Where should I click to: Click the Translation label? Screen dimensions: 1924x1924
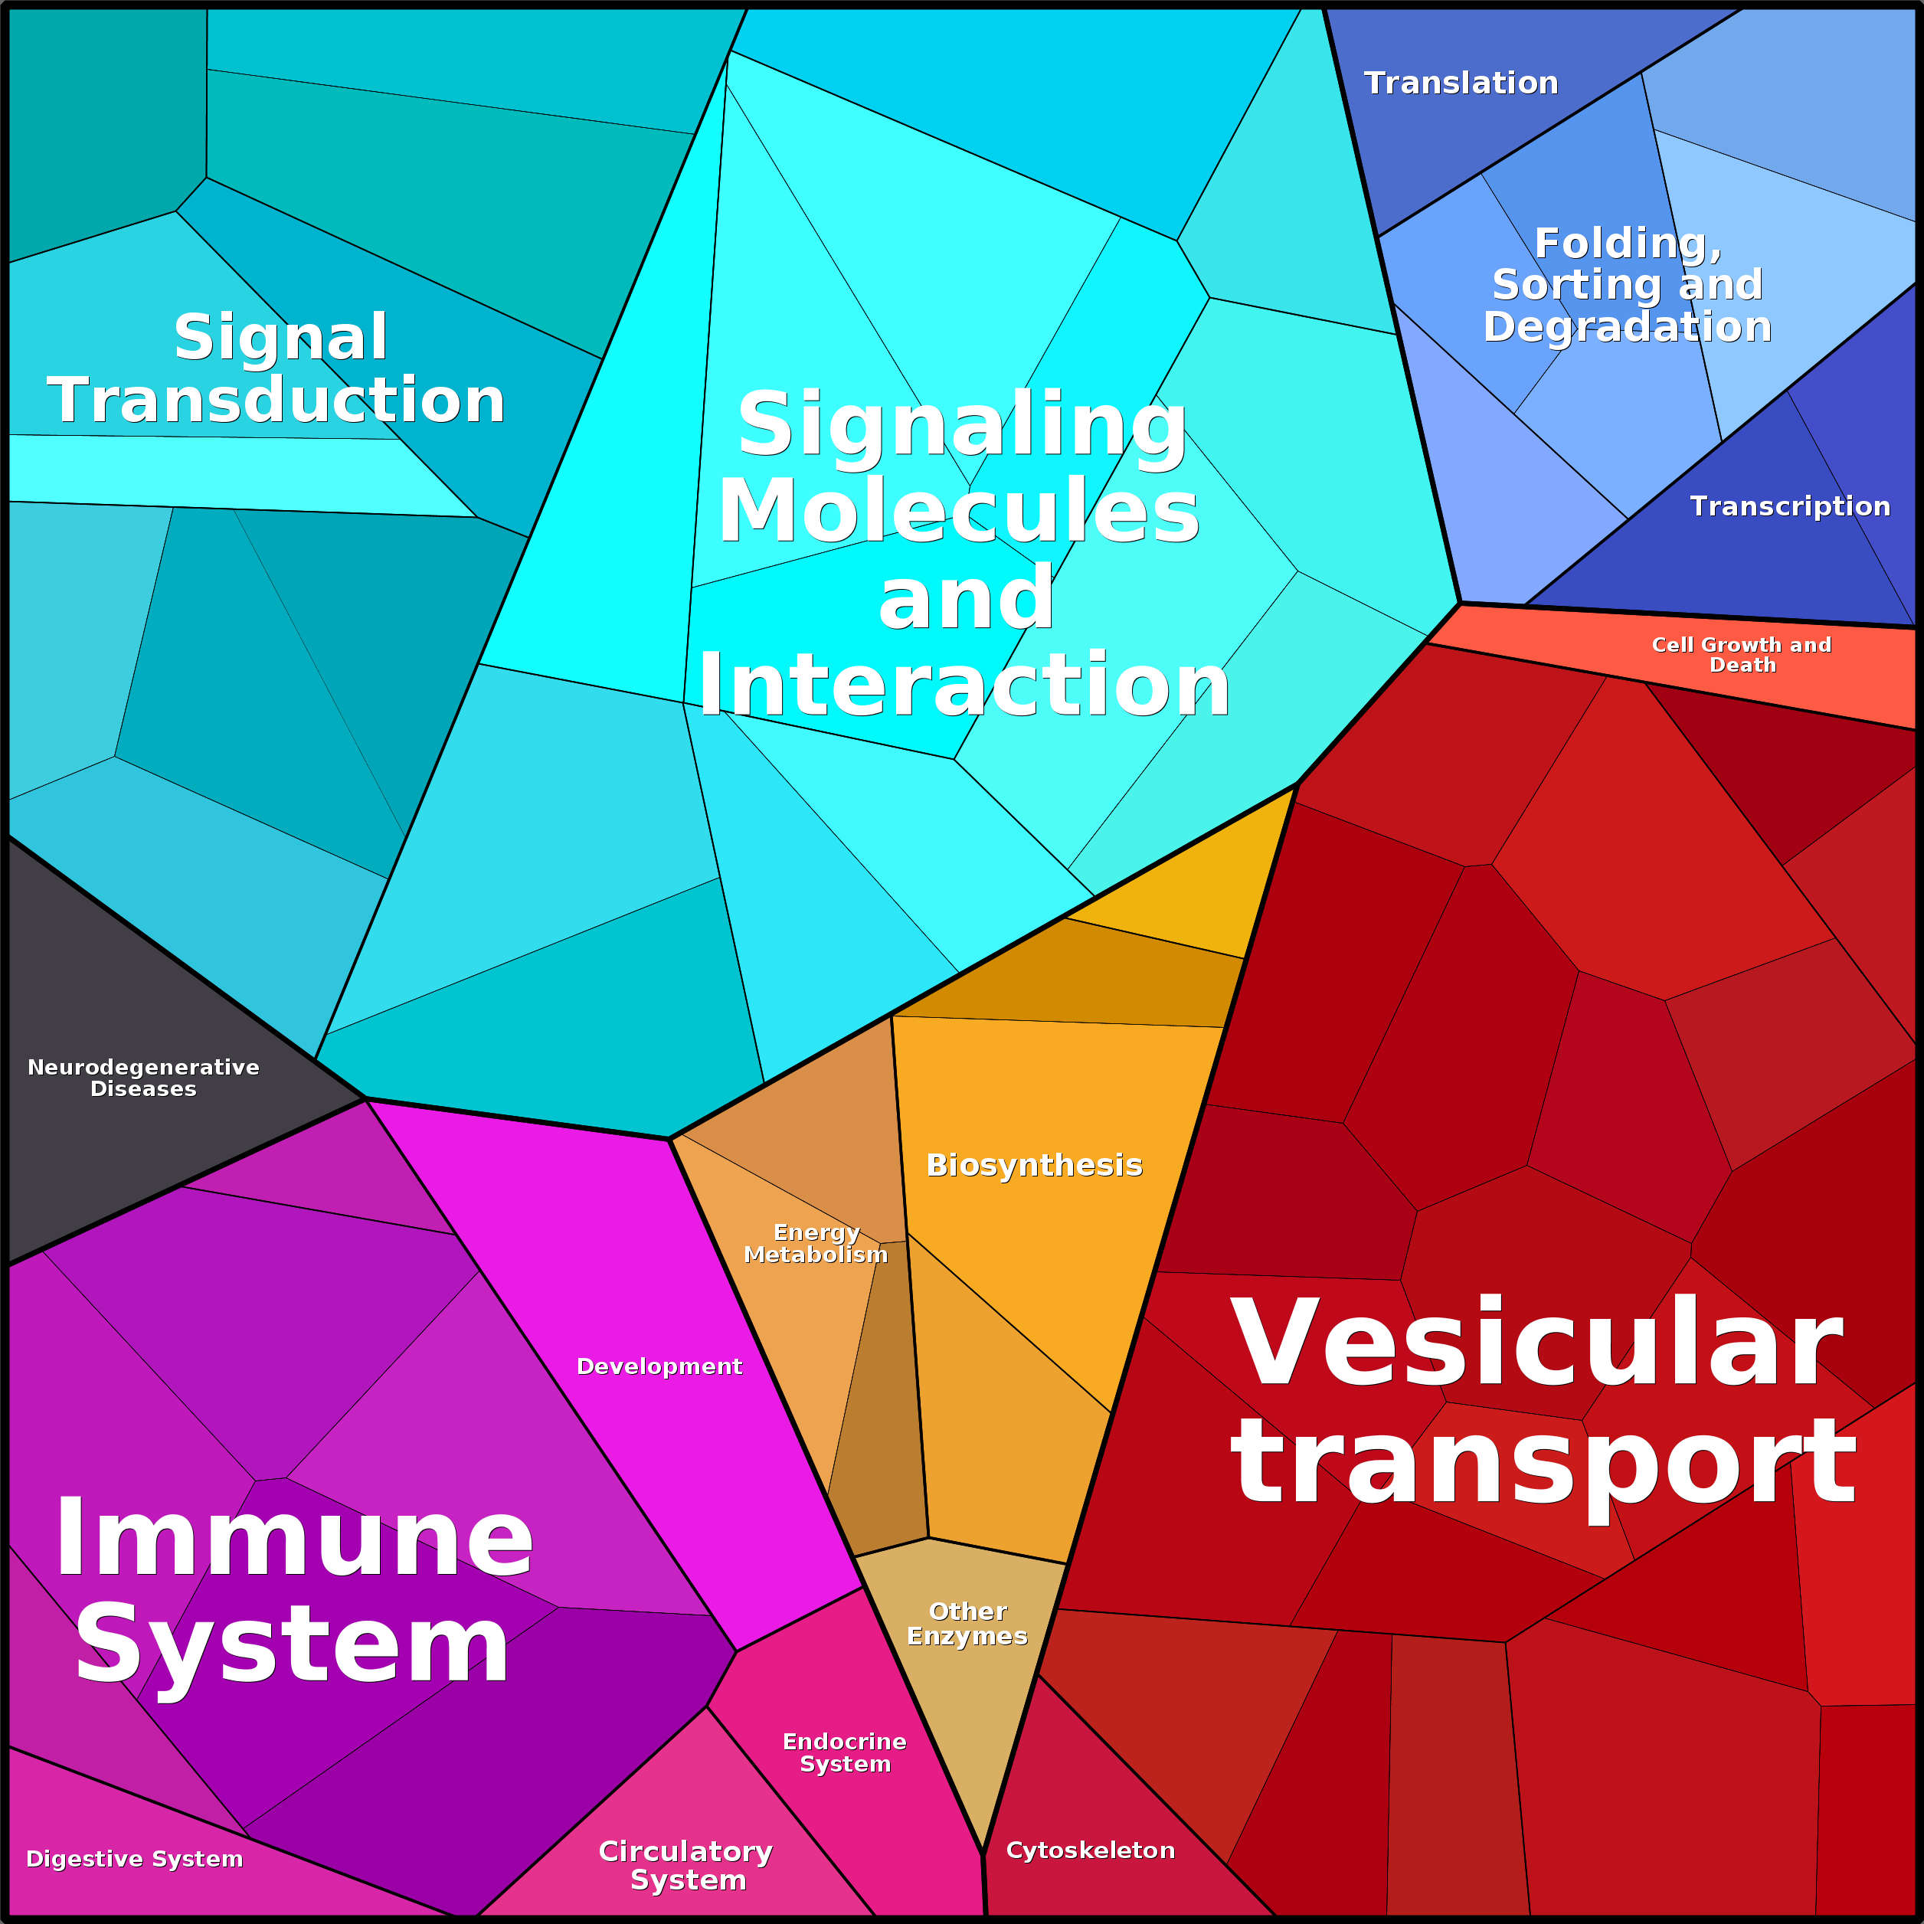[1460, 83]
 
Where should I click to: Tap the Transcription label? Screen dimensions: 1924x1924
[1789, 506]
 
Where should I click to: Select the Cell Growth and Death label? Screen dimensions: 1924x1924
[1742, 654]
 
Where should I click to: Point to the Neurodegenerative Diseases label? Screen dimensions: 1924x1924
[143, 1078]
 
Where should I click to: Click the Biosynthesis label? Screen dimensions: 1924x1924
[1034, 1165]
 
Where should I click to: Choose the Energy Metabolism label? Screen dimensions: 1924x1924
[816, 1244]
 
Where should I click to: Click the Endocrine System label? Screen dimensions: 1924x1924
[845, 1752]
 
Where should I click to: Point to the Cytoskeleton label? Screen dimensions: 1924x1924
[1091, 1850]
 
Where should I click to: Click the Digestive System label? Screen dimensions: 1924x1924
[135, 1859]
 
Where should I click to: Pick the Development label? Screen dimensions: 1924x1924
[659, 1366]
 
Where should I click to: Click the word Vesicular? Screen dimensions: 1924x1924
[1536, 1344]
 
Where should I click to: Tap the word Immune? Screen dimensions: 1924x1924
[294, 1540]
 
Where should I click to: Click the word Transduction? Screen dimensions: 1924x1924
[276, 401]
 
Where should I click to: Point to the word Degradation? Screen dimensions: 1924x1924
[1628, 326]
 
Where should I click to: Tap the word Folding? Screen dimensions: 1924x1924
[1628, 243]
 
